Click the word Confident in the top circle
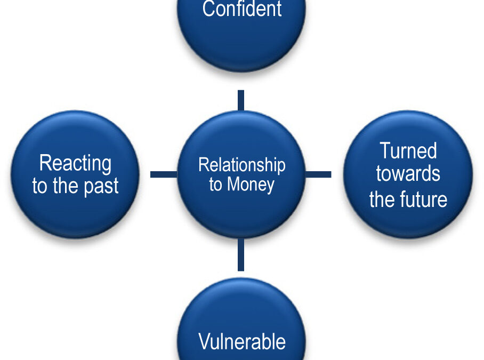(x=241, y=9)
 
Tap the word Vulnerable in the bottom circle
(x=242, y=341)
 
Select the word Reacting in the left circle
(x=75, y=164)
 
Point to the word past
(x=101, y=186)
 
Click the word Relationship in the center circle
(x=241, y=165)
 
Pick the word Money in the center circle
(x=251, y=185)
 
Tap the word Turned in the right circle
(x=408, y=151)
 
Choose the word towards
(x=408, y=173)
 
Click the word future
(x=423, y=199)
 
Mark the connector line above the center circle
(x=241, y=101)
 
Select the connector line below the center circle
(x=241, y=254)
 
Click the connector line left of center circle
(x=164, y=174)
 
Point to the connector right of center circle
(x=318, y=174)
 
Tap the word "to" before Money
(x=215, y=185)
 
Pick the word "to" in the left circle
(x=39, y=186)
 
